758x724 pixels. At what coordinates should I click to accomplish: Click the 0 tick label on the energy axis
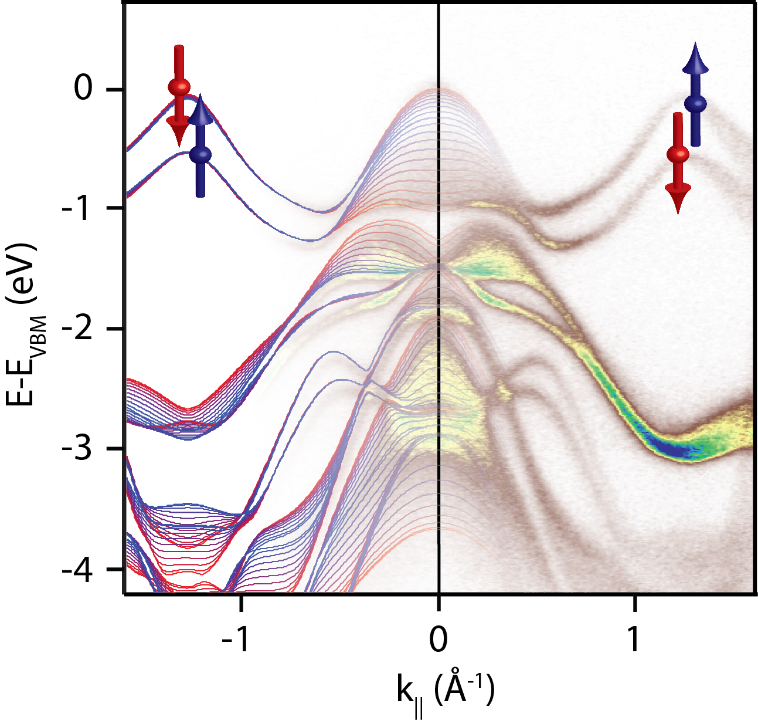click(x=83, y=89)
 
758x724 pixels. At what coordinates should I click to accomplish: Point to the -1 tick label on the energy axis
click(x=76, y=208)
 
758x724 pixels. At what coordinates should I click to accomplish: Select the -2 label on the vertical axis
click(x=76, y=329)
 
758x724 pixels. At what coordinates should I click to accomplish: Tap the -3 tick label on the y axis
click(x=76, y=449)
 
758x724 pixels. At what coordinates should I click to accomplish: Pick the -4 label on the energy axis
click(x=76, y=570)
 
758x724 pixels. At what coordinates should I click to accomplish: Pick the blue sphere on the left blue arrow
click(x=200, y=155)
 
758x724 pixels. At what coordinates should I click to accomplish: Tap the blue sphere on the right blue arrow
click(x=695, y=104)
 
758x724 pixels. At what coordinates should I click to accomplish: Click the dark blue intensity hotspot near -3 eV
click(x=674, y=449)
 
